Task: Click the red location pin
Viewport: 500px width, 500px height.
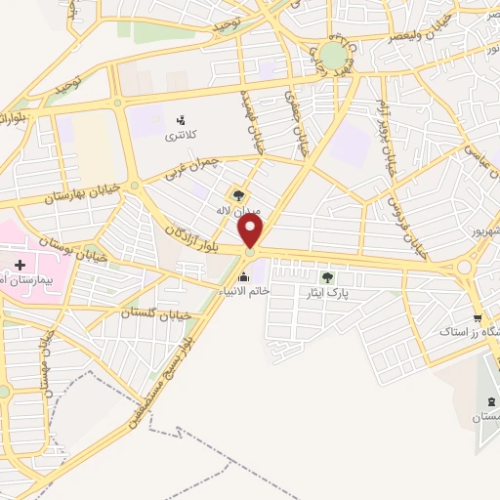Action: point(252,230)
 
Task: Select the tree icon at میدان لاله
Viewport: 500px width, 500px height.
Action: point(239,195)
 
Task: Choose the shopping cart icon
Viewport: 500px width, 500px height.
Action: point(477,318)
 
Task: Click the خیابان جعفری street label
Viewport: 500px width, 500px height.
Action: point(291,109)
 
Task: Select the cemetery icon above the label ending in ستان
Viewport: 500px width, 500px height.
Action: point(488,402)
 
